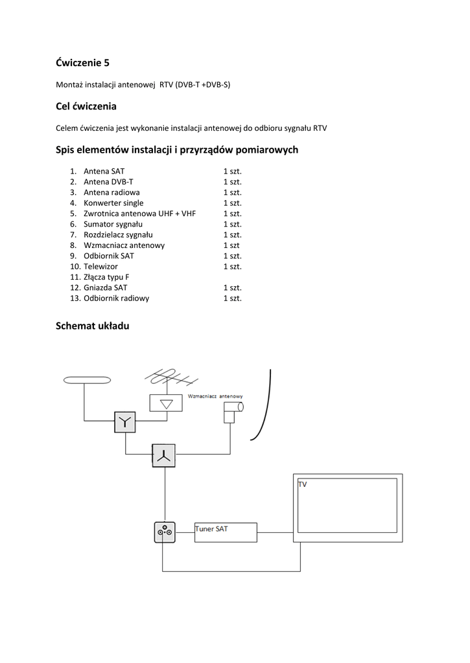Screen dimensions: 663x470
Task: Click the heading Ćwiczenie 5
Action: (82, 63)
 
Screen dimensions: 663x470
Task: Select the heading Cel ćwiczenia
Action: (86, 106)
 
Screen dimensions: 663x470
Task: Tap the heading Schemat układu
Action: (93, 326)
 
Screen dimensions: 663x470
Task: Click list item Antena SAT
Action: (104, 172)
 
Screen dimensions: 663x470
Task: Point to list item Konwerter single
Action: (113, 203)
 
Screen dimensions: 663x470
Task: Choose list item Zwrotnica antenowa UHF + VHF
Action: (139, 214)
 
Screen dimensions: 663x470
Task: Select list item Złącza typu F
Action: (106, 276)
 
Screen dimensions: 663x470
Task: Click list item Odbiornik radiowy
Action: (116, 298)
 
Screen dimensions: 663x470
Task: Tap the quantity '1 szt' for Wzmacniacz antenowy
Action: (231, 245)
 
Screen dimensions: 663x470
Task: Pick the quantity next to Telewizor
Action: (232, 266)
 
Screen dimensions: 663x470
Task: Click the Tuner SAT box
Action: (226, 533)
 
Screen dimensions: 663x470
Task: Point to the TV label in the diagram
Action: (303, 484)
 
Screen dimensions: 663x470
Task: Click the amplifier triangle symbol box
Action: (167, 403)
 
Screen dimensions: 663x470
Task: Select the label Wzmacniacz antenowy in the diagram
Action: (215, 396)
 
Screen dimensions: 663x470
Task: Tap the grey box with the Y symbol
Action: (125, 422)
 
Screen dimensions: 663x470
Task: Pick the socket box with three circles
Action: (165, 532)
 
